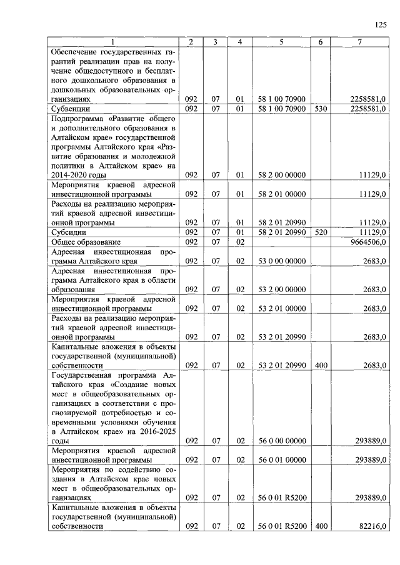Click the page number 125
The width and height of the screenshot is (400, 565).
[x=381, y=24]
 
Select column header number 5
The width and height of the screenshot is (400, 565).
[x=281, y=42]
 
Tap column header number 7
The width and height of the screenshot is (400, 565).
[x=359, y=42]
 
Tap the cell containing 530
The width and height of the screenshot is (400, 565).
[x=321, y=109]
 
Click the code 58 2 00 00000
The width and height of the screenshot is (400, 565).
[x=281, y=175]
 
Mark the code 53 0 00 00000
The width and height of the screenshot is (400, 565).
[x=281, y=261]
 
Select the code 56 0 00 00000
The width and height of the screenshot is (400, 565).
[x=281, y=441]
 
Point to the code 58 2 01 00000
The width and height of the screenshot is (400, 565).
[x=281, y=194]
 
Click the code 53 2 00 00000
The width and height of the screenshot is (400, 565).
[x=281, y=289]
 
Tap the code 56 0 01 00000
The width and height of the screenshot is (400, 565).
[x=281, y=460]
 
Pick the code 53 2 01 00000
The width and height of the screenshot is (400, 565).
[x=281, y=308]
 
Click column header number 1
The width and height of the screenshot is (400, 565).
[x=113, y=42]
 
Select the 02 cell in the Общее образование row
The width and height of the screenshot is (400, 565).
[x=239, y=242]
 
